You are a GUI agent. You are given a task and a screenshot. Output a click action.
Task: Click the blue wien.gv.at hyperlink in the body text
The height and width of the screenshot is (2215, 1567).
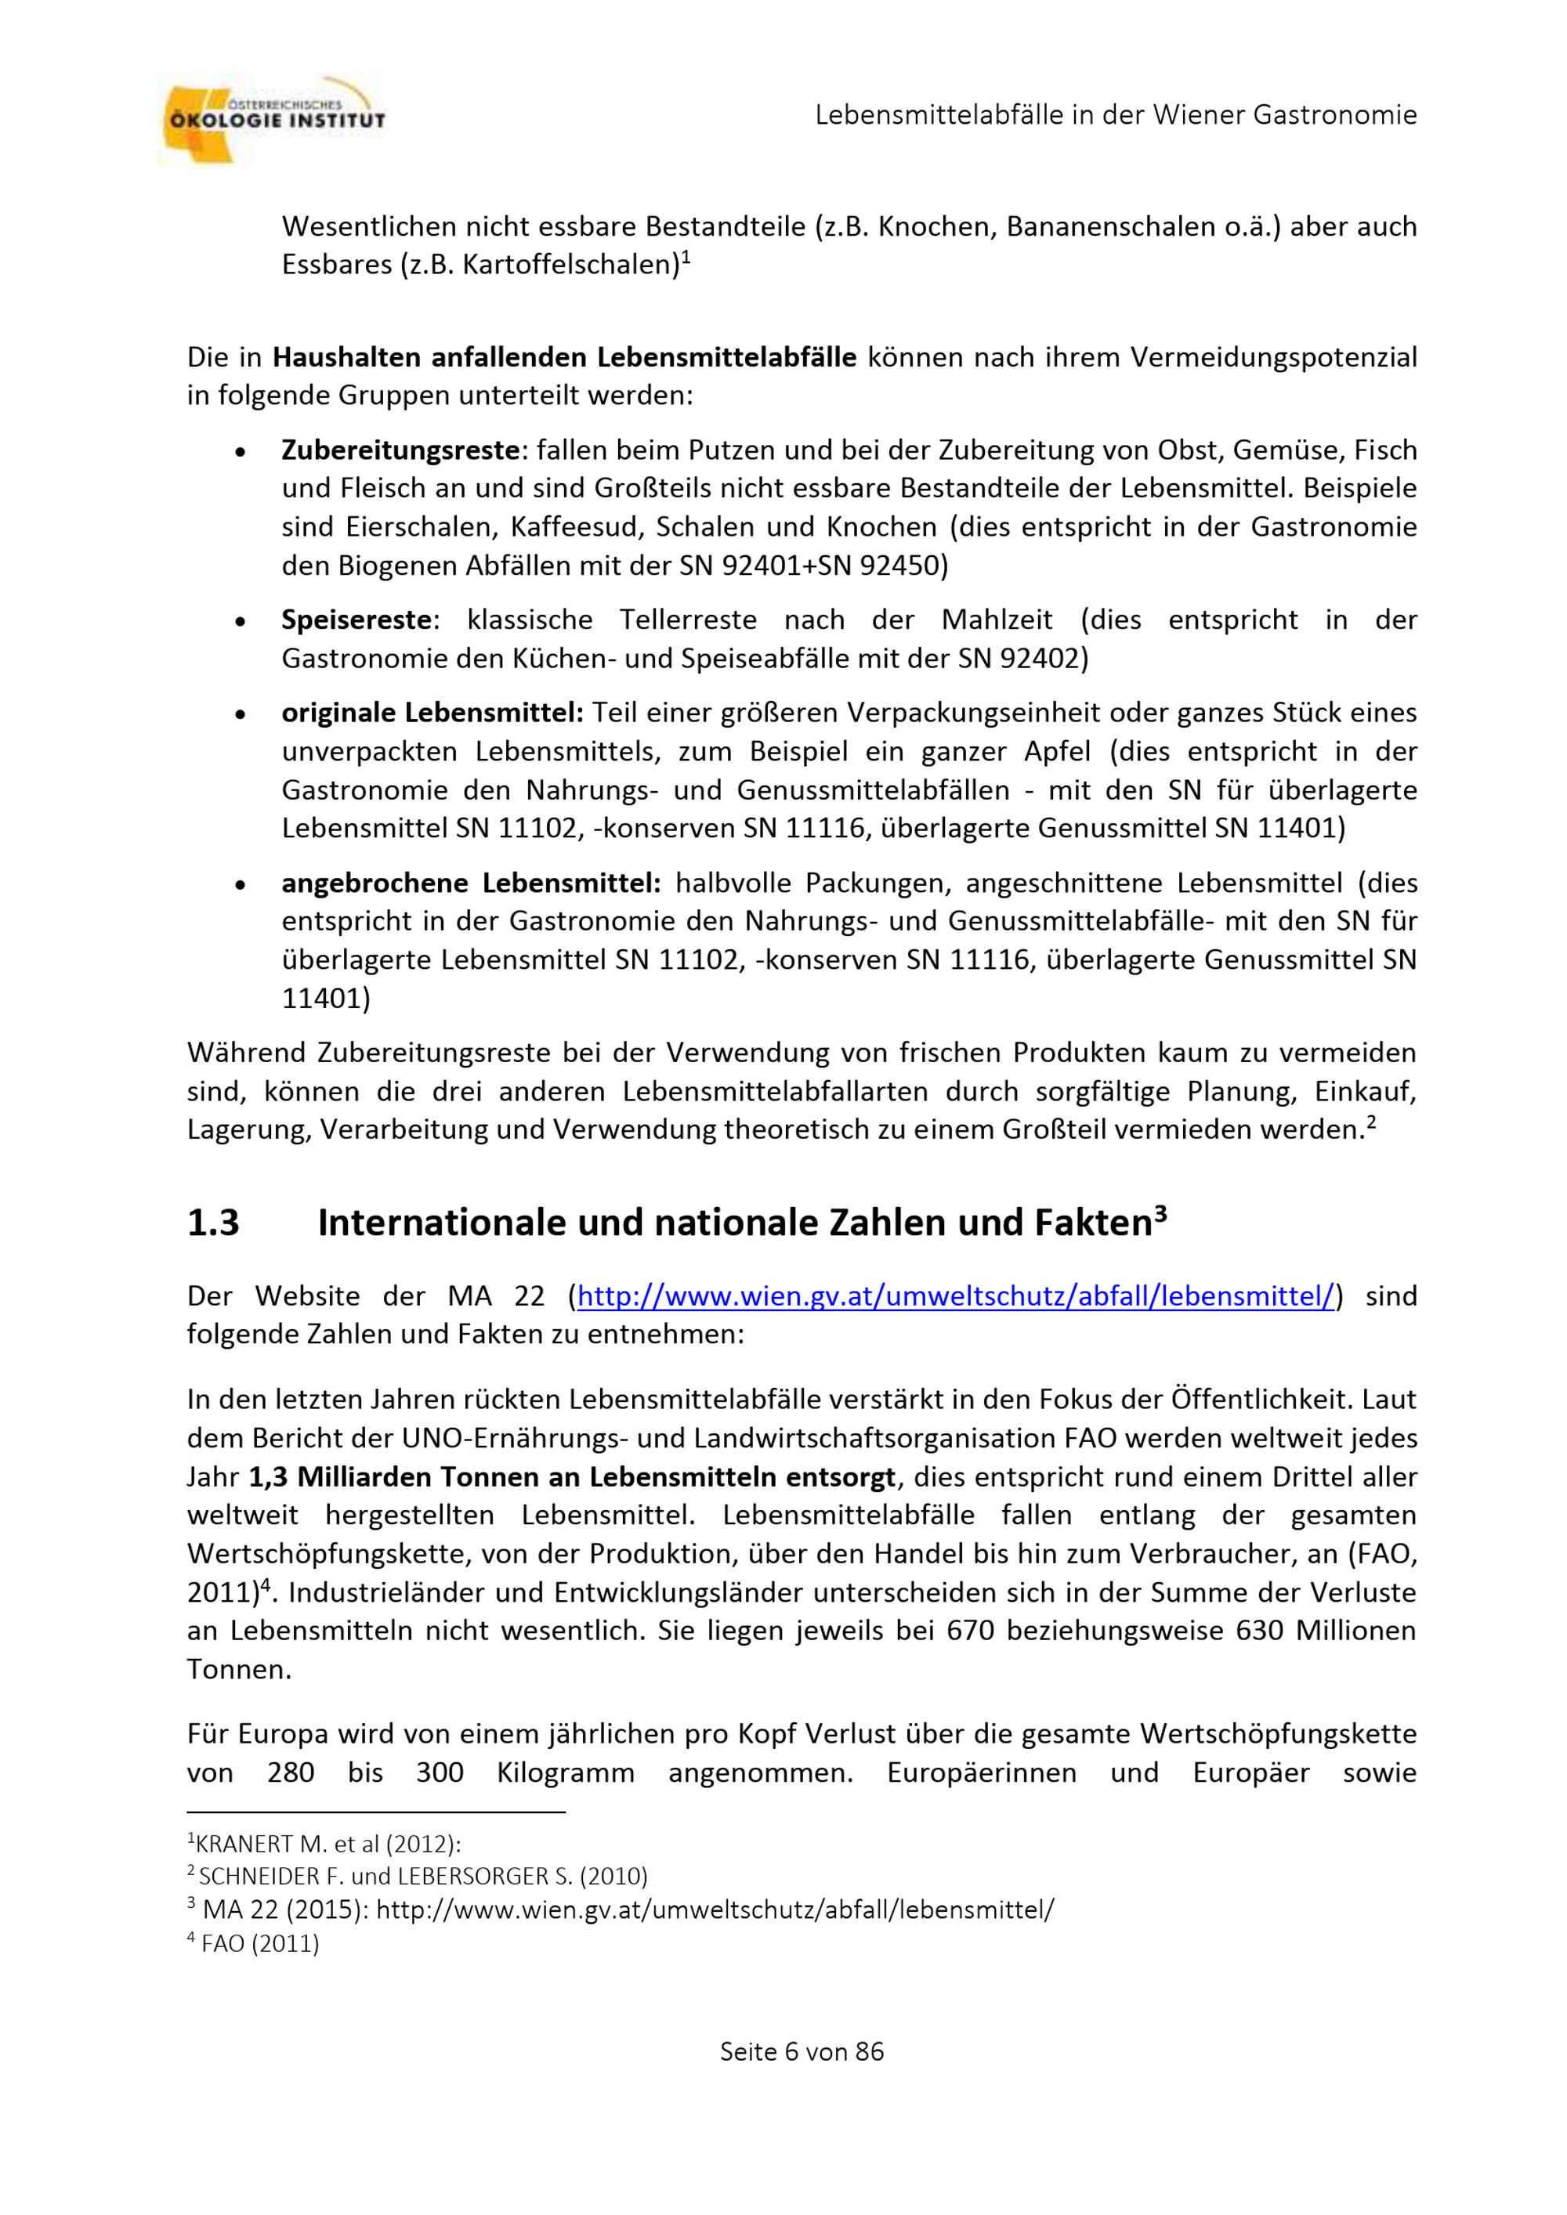[955, 1295]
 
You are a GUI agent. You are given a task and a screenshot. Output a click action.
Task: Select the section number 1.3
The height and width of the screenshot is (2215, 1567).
[213, 1223]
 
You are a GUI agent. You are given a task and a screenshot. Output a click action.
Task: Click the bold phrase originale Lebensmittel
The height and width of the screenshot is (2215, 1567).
[431, 713]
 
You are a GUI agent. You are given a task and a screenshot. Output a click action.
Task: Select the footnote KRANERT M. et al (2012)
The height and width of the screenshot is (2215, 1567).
[324, 1844]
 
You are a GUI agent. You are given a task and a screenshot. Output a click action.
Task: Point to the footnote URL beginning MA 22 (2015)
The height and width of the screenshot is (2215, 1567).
[621, 1910]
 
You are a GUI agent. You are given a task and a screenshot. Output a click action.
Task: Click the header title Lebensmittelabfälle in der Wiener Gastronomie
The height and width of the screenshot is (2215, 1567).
[1116, 115]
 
